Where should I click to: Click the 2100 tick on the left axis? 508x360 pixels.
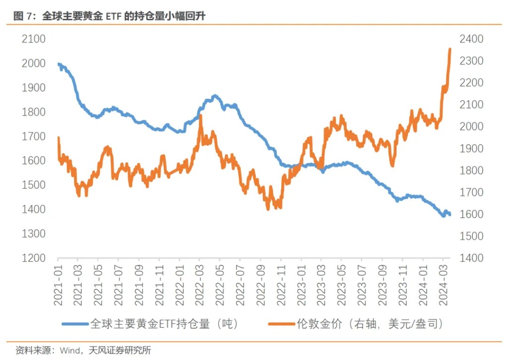(34, 39)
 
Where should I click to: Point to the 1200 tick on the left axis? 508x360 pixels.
(34, 258)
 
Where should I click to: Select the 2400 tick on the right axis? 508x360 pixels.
(473, 39)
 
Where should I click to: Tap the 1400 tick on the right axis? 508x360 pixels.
(473, 258)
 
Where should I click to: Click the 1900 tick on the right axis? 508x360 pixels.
(473, 149)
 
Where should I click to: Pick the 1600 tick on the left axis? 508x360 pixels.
(34, 161)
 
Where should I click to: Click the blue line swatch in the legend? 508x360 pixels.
(75, 324)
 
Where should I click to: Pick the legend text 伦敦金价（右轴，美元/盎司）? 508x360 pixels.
(370, 324)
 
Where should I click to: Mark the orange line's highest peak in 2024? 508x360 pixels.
(449, 49)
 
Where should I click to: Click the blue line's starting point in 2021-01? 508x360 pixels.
(59, 64)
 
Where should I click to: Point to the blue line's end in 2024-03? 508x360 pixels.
(449, 214)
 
